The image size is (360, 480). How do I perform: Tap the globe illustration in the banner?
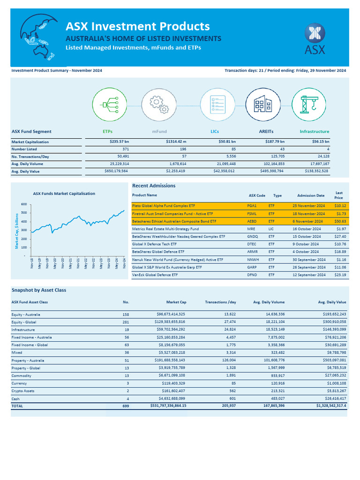(38, 37)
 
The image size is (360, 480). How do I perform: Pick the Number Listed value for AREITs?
(281, 149)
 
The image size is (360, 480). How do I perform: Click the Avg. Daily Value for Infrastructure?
(313, 172)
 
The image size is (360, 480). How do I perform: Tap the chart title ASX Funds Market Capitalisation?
(64, 194)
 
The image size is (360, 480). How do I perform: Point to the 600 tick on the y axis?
(24, 204)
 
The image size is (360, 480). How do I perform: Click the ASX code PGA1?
(251, 206)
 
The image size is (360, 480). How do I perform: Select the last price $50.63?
(340, 221)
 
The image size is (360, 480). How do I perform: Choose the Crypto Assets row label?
(24, 390)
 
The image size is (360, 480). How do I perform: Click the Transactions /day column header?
(220, 302)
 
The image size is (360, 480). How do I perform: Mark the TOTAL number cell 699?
(125, 406)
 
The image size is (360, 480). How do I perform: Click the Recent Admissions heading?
(154, 186)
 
